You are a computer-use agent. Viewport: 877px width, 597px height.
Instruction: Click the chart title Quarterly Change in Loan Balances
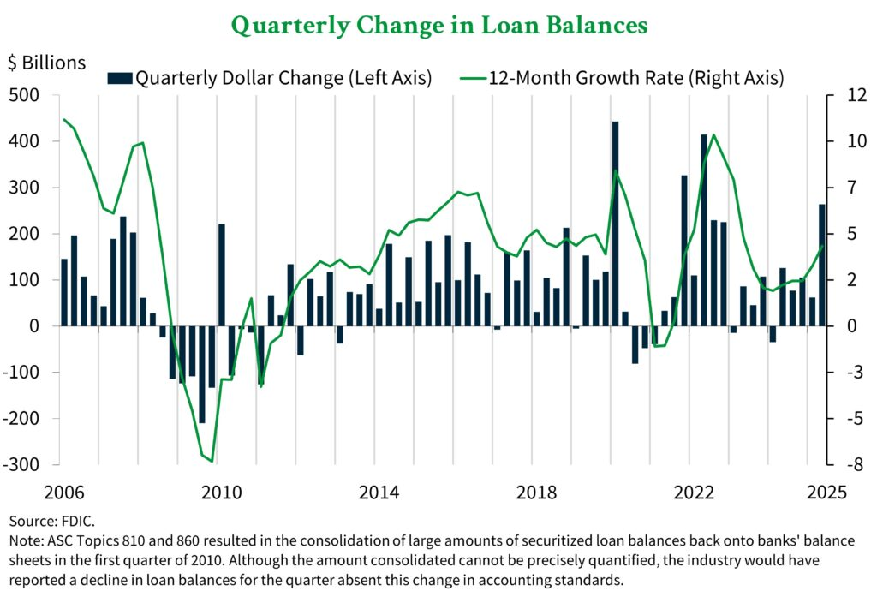(x=438, y=25)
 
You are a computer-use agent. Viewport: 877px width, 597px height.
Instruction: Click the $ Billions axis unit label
(x=47, y=63)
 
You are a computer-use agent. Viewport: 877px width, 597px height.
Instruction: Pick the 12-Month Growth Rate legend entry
(x=625, y=79)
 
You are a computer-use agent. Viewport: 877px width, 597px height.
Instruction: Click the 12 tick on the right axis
(x=844, y=95)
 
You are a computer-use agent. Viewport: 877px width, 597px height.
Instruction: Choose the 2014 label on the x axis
(x=379, y=493)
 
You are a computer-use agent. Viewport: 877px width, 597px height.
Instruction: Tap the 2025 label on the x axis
(x=827, y=493)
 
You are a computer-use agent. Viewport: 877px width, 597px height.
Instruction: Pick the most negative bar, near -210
(x=202, y=374)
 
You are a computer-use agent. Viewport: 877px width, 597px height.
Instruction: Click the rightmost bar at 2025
(x=822, y=265)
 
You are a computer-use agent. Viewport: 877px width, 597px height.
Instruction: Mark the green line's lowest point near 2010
(x=212, y=461)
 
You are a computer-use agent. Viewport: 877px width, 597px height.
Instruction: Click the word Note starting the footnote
(x=24, y=540)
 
